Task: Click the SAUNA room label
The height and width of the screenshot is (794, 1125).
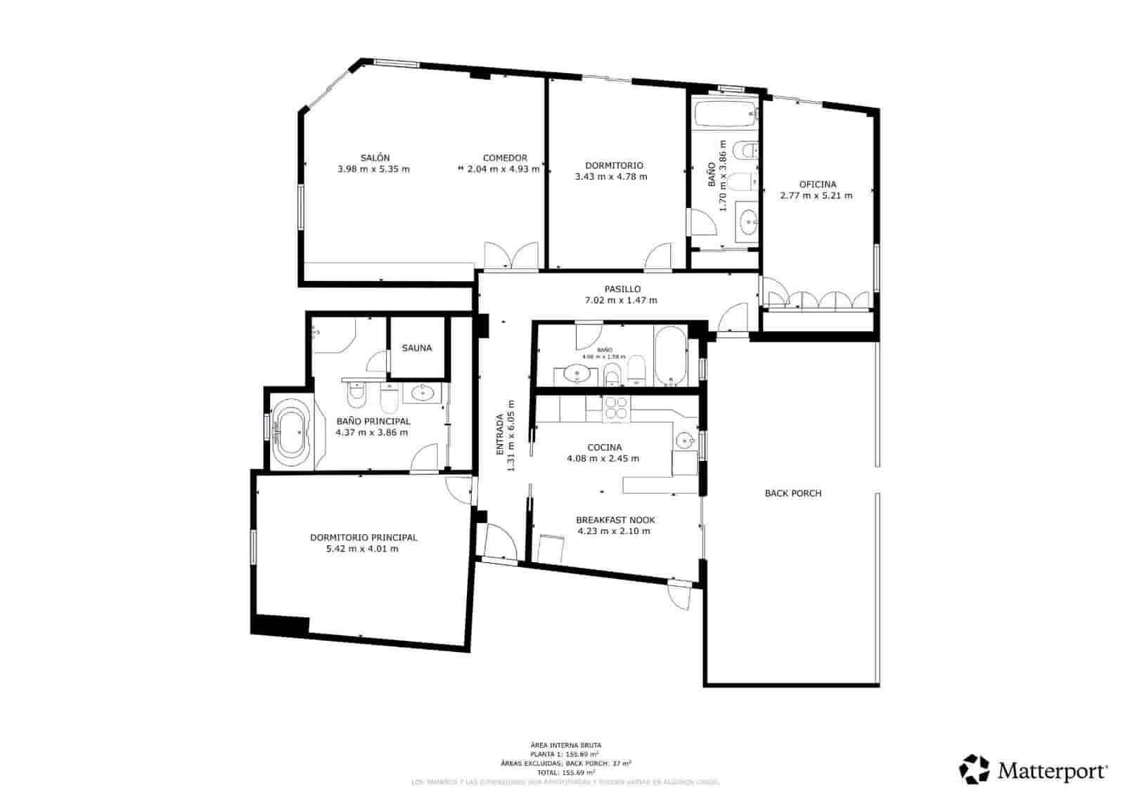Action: coord(417,348)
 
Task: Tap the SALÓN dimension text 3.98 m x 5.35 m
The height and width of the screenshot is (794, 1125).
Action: coord(373,169)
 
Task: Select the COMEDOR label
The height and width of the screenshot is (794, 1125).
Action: coord(505,158)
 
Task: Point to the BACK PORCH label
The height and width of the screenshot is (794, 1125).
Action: coord(793,493)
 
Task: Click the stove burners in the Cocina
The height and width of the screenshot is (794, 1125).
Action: coord(617,408)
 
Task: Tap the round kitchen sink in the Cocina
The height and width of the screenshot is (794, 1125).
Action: coord(685,441)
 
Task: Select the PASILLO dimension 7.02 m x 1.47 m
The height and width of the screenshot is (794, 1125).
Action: coord(621,301)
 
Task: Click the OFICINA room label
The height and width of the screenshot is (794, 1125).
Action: coord(818,185)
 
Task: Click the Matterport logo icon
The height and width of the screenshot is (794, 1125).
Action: coord(975,769)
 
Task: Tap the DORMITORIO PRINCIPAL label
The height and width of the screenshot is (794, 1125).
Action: coord(364,538)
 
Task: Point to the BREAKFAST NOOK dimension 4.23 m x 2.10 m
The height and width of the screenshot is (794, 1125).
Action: coord(614,531)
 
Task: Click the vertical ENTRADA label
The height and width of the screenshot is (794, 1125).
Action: coord(501,436)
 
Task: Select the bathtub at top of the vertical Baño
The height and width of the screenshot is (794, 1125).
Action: coord(724,114)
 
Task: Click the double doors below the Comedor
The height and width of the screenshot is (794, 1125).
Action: coord(511,257)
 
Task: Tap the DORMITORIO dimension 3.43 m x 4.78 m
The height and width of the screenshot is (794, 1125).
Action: coord(611,177)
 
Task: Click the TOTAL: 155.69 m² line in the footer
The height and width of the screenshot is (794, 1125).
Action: coord(565,772)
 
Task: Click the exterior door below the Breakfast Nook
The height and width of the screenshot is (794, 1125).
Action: coord(679,596)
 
